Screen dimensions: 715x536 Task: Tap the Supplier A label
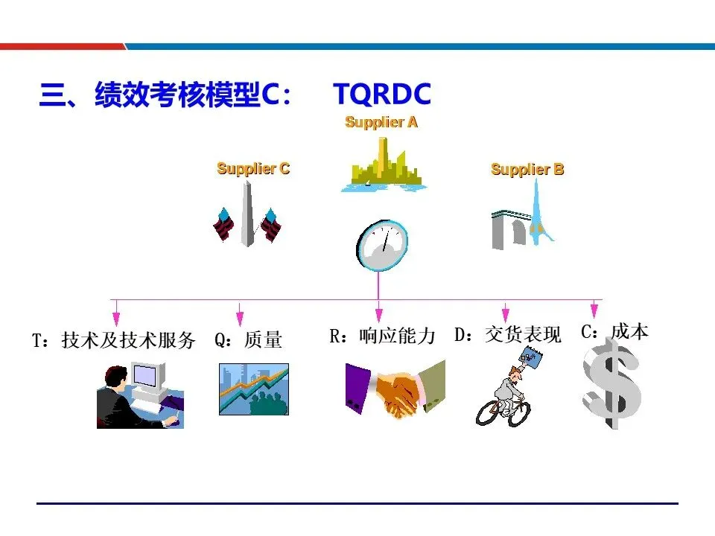point(381,122)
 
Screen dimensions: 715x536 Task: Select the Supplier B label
point(527,170)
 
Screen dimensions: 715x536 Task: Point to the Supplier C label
point(253,169)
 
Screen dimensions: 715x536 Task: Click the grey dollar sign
point(611,386)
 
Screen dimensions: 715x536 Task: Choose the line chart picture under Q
point(253,389)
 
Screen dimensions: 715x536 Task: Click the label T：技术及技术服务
point(113,341)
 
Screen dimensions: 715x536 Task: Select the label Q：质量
point(248,341)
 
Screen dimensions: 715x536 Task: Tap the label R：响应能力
point(382,336)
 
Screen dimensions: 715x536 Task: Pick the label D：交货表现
point(508,335)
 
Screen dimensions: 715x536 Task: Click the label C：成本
point(614,332)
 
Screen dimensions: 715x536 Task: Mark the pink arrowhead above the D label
point(506,316)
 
